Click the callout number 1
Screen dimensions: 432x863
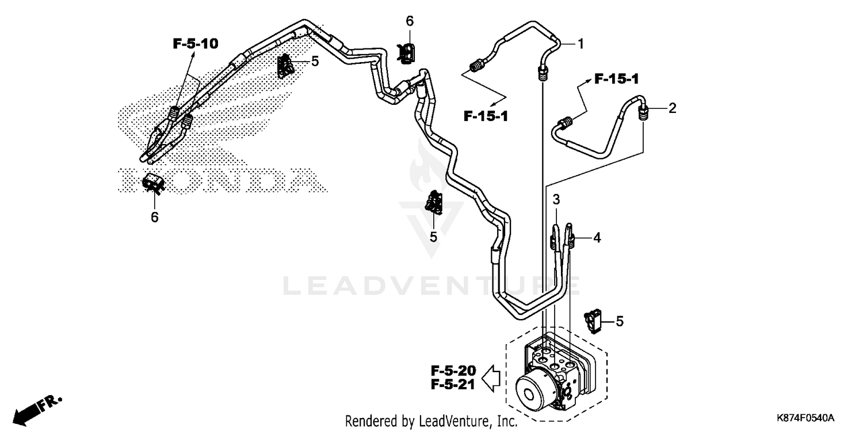coord(581,44)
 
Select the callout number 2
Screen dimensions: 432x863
coord(672,108)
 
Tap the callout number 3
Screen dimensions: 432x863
coord(556,200)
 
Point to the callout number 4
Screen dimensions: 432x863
coord(597,237)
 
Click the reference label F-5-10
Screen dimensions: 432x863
coord(196,43)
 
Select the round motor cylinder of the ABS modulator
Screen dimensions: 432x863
coord(533,392)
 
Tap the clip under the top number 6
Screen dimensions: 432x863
coord(408,53)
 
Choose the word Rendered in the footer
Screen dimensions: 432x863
coord(368,421)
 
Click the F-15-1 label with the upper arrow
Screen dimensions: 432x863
coord(616,79)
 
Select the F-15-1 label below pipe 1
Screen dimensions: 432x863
coord(486,117)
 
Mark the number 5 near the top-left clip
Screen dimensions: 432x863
coord(315,60)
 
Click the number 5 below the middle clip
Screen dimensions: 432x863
coord(433,237)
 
